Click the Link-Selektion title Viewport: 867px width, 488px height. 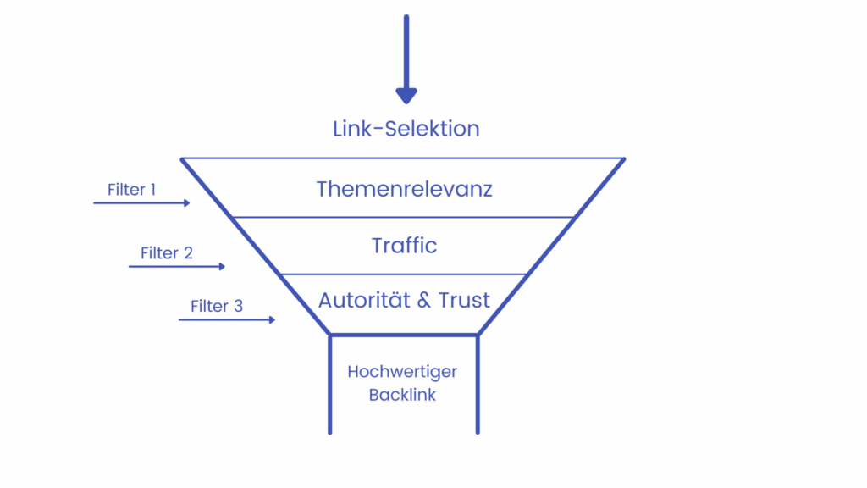[x=406, y=129]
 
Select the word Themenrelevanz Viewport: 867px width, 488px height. [x=404, y=188]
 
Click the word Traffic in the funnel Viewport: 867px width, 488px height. [x=404, y=246]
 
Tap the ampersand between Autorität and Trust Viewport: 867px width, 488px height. [x=416, y=301]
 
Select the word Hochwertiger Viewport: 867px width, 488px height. [x=402, y=372]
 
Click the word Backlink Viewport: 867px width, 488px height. [x=402, y=395]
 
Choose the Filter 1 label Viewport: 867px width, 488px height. [x=131, y=190]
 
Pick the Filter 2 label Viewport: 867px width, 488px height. [x=167, y=253]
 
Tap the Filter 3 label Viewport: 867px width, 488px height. [x=217, y=306]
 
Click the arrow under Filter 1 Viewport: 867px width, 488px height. [x=141, y=203]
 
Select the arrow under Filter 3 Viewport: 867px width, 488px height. [x=227, y=319]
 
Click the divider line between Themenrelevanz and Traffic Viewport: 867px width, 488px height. [x=404, y=217]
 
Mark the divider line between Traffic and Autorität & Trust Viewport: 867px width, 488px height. [x=404, y=274]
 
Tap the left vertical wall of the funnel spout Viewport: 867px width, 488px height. [x=330, y=385]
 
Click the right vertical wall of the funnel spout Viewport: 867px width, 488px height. [x=478, y=385]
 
